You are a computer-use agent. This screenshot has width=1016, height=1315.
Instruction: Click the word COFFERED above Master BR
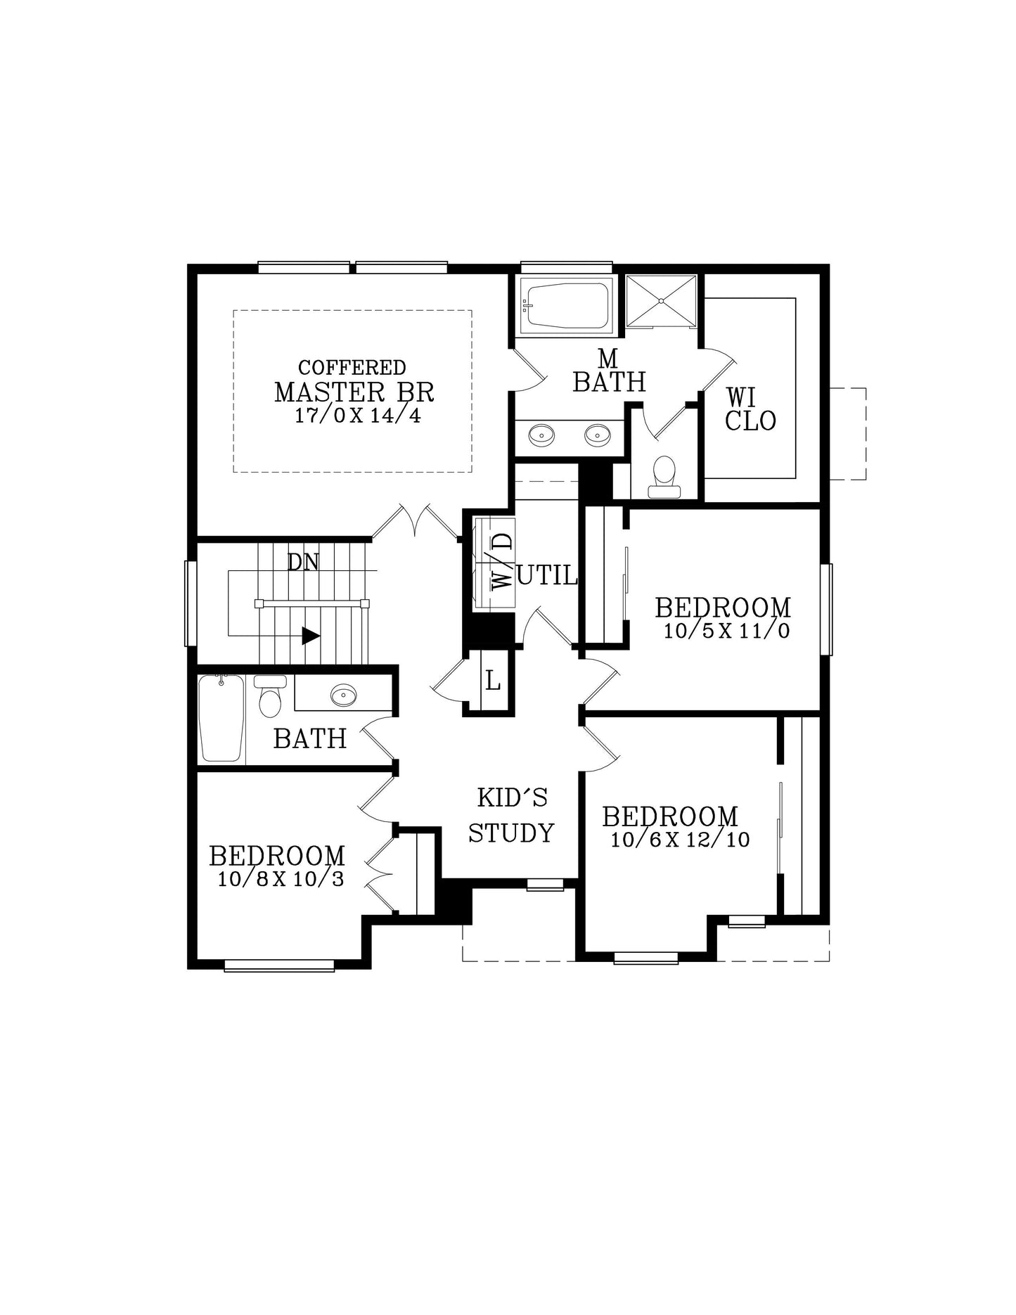tap(352, 368)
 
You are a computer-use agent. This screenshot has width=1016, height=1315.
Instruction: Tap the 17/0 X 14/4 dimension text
tap(357, 416)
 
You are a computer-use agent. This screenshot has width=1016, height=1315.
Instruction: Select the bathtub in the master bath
tap(566, 305)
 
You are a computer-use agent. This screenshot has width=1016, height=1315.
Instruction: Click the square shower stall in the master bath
tap(661, 301)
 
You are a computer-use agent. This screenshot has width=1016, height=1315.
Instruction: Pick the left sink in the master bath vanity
tap(541, 435)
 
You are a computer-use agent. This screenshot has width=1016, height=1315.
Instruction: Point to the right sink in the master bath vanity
tap(598, 435)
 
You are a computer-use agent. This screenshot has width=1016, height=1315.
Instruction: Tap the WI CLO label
tap(750, 409)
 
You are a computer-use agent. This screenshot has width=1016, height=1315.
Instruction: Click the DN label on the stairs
tap(303, 562)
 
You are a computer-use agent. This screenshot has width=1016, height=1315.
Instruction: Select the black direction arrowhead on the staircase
tap(311, 636)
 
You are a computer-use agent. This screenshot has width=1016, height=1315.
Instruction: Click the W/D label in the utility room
tap(501, 561)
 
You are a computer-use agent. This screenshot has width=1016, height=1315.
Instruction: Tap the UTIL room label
tap(547, 576)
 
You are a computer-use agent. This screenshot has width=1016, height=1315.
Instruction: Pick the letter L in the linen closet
tap(493, 681)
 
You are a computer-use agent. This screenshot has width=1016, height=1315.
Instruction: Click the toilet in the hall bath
tap(270, 695)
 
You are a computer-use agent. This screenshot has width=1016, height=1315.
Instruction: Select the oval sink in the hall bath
tap(344, 695)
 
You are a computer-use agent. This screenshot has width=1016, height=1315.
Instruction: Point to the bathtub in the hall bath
tap(221, 718)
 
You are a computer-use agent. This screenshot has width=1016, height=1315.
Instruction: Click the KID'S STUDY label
tap(512, 816)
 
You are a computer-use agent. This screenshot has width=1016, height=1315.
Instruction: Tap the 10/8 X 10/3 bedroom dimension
tap(281, 879)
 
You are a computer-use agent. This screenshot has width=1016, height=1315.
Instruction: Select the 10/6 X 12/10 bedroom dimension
tap(680, 839)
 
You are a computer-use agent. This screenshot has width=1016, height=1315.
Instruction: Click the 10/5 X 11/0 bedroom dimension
tap(727, 630)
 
